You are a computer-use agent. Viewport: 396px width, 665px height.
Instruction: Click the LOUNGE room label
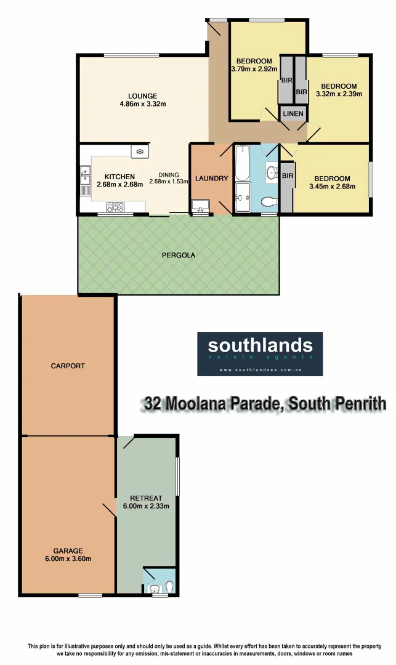[143, 96]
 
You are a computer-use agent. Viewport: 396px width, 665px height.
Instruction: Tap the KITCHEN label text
[119, 177]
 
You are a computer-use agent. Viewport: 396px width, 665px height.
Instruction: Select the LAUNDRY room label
[211, 179]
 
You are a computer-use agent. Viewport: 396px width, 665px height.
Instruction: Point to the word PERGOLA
[179, 255]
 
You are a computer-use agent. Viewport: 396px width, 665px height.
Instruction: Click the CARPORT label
[68, 366]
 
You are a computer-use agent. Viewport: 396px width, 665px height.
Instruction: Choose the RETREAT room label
[146, 498]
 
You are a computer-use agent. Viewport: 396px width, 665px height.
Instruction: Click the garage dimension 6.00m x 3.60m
[68, 559]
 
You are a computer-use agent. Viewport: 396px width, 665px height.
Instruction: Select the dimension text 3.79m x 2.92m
[254, 69]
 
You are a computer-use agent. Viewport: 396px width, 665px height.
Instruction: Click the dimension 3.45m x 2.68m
[332, 187]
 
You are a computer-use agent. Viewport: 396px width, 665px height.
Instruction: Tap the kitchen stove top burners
[115, 206]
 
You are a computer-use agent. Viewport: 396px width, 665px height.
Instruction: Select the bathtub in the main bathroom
[241, 162]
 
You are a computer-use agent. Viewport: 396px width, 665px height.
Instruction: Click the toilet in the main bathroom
[268, 201]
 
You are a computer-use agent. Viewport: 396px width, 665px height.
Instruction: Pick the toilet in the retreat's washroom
[169, 586]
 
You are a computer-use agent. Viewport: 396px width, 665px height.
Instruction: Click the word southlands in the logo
[260, 345]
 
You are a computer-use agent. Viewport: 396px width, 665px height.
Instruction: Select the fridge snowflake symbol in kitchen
[139, 151]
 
